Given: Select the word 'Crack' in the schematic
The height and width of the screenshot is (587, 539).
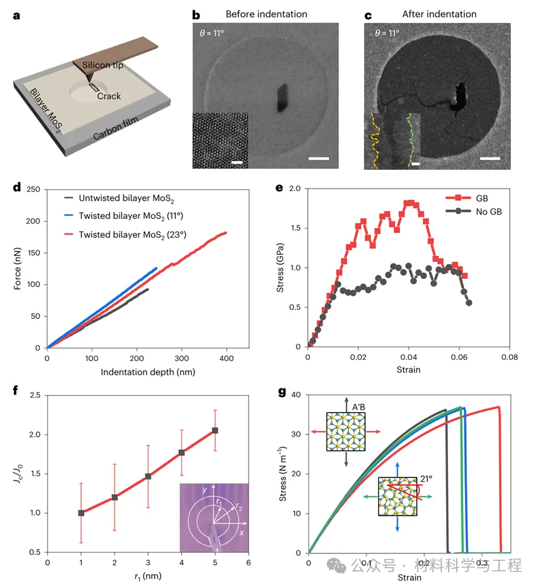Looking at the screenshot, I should (x=109, y=96).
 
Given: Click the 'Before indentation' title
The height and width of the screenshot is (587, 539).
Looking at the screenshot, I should (x=266, y=14).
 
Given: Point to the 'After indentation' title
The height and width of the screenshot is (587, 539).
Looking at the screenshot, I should (x=439, y=14).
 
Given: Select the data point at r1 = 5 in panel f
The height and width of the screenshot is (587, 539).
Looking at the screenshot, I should (x=215, y=430).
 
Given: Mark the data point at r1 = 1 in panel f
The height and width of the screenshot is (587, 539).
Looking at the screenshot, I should (x=80, y=513).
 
